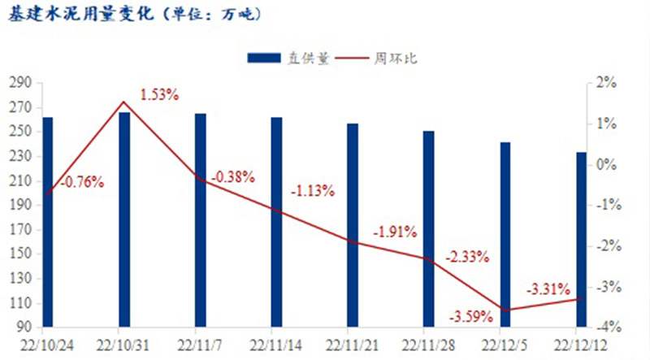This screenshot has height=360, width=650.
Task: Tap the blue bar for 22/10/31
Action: (x=123, y=219)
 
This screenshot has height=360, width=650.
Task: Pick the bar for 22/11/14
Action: (x=276, y=221)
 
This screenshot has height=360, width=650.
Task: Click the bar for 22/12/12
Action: (x=581, y=239)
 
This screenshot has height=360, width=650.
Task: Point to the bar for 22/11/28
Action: (x=428, y=228)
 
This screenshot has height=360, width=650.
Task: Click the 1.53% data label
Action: (x=159, y=94)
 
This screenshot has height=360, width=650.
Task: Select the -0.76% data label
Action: (x=83, y=182)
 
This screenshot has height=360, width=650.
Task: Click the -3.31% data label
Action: (x=548, y=288)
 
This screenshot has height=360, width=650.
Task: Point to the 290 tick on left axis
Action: (x=19, y=83)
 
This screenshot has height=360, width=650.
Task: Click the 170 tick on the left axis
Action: (x=19, y=230)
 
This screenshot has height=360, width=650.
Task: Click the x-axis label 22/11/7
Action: (x=200, y=344)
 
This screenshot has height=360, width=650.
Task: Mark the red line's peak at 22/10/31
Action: (x=123, y=102)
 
